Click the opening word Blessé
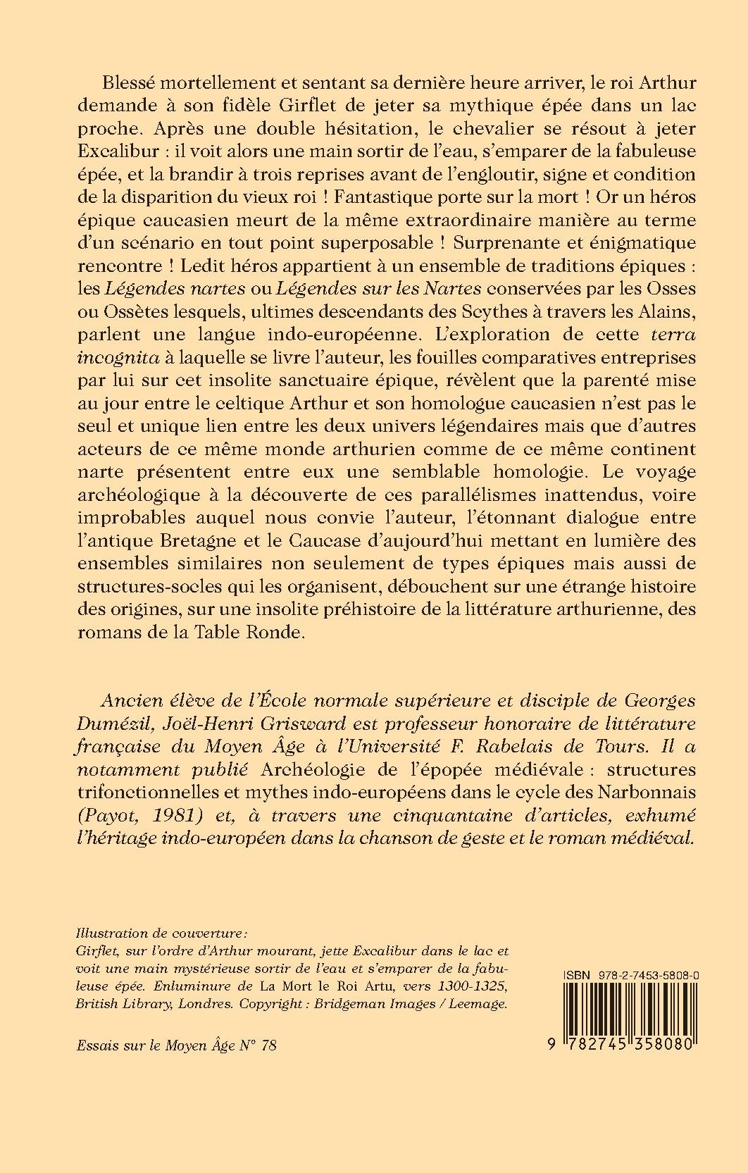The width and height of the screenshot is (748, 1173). pos(130,82)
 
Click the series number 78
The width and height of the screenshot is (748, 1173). pos(268,1045)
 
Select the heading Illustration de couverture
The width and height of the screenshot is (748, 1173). pos(161,934)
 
